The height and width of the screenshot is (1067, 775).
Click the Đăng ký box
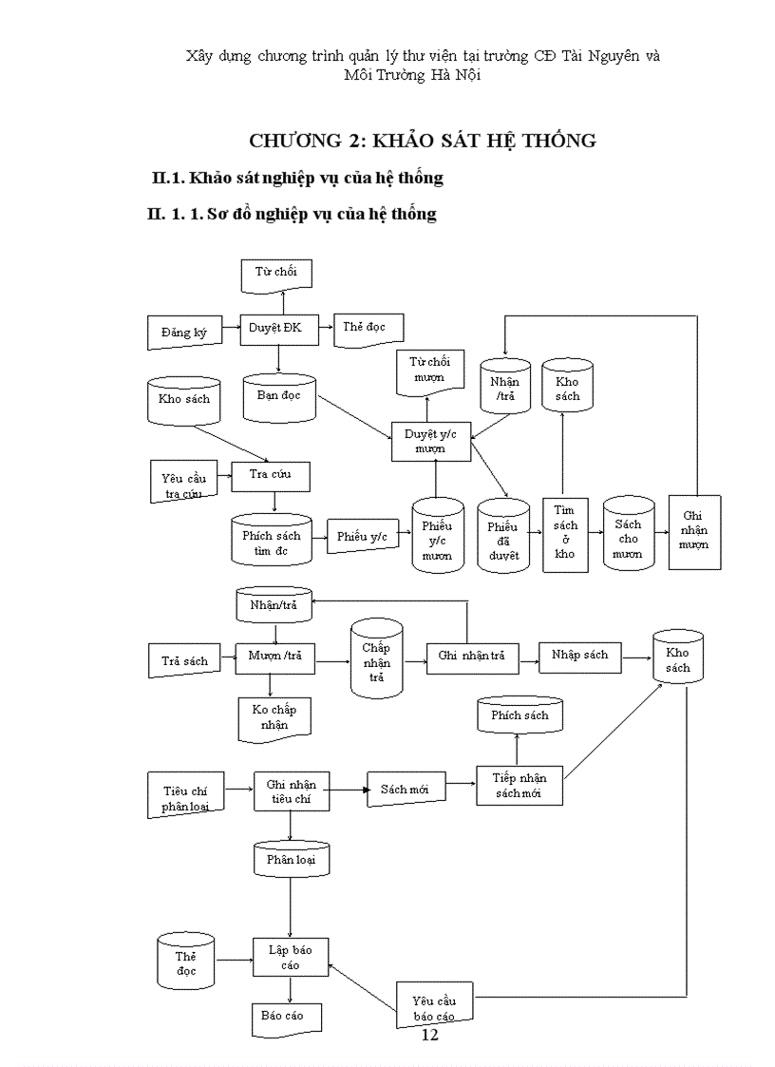(184, 332)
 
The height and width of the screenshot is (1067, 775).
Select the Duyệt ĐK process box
(275, 328)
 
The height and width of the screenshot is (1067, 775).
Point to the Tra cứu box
(271, 475)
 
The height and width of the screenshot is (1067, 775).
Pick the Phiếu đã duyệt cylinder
(503, 538)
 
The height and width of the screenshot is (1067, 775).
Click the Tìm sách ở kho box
(565, 534)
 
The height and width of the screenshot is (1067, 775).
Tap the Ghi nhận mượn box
(695, 532)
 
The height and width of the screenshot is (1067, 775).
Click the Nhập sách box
(579, 656)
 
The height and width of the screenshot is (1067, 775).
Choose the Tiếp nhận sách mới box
(518, 785)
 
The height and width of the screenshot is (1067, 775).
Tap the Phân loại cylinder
(291, 860)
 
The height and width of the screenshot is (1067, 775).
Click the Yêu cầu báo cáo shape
(436, 1005)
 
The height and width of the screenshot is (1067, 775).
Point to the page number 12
(429, 1035)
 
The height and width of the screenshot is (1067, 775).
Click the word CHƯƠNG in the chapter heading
(293, 141)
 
